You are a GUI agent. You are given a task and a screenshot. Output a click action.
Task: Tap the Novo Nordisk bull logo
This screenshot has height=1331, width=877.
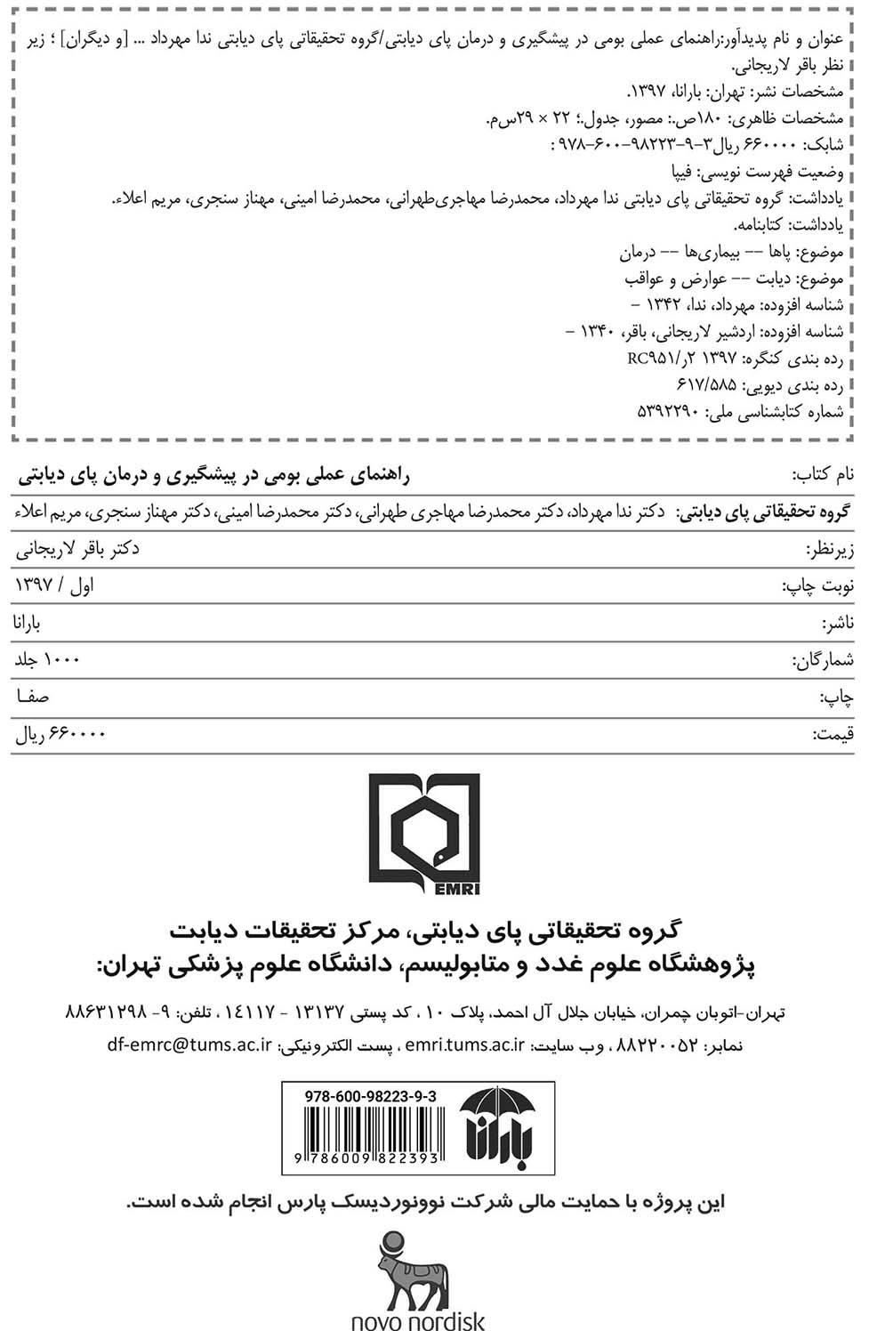point(418,1268)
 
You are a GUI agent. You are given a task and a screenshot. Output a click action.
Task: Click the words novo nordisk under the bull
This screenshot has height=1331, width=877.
point(418,1319)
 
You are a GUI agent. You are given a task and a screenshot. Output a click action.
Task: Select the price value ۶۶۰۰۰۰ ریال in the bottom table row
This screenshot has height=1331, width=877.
point(60,734)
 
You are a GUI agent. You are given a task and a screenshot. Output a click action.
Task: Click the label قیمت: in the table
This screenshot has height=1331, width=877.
point(833,734)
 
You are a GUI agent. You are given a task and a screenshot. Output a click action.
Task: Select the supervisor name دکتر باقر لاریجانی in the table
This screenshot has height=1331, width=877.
point(77,548)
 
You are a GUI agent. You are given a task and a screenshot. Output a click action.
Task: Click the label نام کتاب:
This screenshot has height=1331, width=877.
point(823,474)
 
